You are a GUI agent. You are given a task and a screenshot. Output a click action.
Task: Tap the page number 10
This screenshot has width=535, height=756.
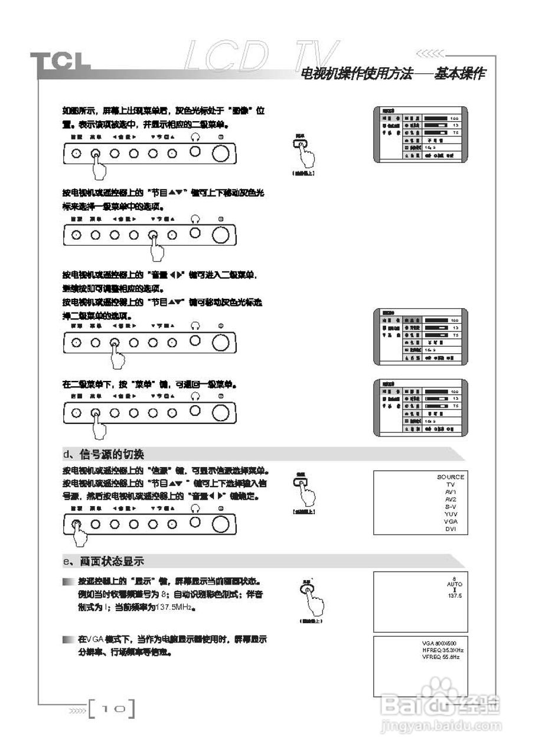tap(112, 708)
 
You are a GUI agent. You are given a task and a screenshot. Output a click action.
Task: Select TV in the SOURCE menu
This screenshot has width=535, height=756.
tap(451, 484)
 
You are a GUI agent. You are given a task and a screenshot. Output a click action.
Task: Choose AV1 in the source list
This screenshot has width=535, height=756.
tap(451, 492)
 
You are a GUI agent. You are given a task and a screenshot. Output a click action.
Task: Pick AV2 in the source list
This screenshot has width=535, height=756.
tap(451, 500)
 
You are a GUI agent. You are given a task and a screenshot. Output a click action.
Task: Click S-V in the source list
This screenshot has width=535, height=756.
tap(451, 507)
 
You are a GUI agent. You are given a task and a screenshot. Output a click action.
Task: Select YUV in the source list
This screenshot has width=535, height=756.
tap(451, 514)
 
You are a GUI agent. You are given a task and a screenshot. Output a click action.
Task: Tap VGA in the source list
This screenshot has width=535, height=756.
tap(451, 522)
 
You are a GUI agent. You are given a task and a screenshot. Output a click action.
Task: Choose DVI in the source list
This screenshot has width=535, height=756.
tap(451, 529)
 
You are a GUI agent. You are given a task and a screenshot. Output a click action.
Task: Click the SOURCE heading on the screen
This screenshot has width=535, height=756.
tap(451, 477)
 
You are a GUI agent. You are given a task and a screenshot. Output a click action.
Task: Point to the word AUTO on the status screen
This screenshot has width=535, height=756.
tap(455, 584)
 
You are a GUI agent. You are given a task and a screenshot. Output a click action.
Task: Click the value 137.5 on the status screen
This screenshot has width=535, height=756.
tap(455, 597)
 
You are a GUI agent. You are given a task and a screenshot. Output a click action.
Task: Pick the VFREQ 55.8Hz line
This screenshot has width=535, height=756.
tap(441, 657)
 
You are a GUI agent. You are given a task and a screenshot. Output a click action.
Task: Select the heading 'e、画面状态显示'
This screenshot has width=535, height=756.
tap(103, 561)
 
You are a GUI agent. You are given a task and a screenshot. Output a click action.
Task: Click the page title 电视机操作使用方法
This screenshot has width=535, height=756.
tap(360, 75)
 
